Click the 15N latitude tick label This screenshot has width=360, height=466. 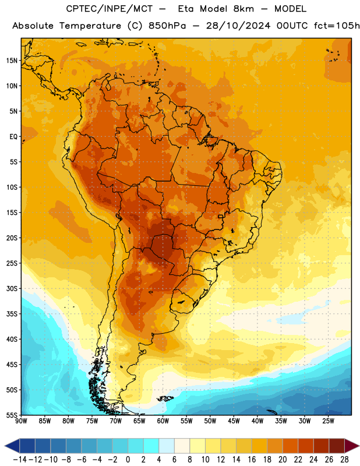[12, 61]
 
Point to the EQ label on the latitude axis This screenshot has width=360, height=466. [13, 137]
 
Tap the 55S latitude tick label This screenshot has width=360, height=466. [12, 415]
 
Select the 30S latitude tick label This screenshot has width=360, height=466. [12, 288]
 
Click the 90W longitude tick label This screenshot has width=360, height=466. [21, 421]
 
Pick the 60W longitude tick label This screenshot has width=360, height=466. [163, 421]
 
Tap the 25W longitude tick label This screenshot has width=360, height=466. [328, 421]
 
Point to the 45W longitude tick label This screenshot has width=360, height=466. [234, 421]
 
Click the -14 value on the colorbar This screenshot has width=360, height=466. [20, 460]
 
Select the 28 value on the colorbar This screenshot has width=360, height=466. [344, 460]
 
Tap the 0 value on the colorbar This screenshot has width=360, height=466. [128, 460]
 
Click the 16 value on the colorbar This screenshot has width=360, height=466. [252, 460]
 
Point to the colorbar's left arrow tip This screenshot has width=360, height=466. [5, 446]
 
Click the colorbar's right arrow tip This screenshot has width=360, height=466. [359, 446]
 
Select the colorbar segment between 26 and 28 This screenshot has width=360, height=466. [337, 446]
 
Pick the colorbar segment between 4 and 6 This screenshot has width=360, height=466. [167, 446]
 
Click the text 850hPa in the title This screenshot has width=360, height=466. [167, 26]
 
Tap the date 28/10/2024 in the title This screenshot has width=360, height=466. [238, 26]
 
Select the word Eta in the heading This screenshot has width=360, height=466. [186, 9]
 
